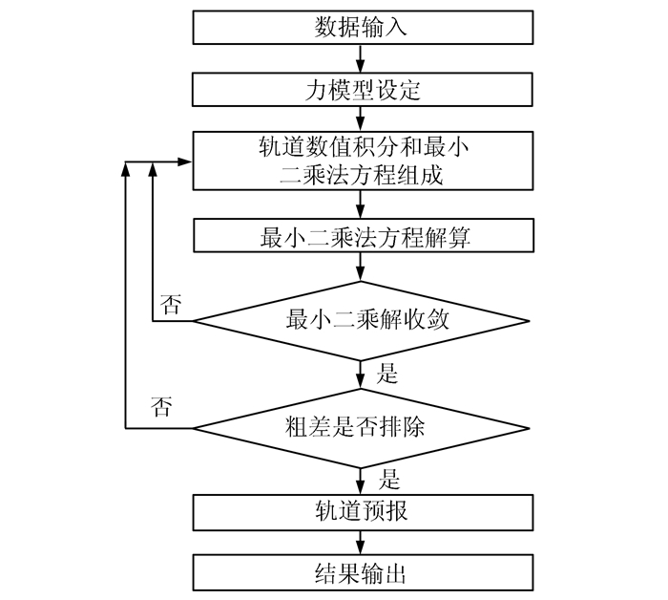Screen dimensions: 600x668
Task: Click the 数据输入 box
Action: click(361, 28)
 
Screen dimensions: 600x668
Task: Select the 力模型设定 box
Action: click(361, 91)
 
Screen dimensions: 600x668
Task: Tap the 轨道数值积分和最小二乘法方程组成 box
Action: click(361, 161)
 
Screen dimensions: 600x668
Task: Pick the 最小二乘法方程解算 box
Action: click(361, 235)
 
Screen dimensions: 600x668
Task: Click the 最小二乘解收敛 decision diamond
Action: click(361, 321)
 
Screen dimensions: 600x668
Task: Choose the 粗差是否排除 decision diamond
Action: click(361, 427)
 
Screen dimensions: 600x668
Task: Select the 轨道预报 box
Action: click(361, 511)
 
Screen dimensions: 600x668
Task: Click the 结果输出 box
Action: click(361, 573)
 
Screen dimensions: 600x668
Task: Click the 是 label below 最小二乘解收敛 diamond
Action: click(387, 373)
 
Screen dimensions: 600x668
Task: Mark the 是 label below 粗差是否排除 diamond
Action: click(387, 478)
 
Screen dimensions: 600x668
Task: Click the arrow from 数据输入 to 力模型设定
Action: click(361, 59)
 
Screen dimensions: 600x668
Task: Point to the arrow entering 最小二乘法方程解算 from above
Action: click(361, 204)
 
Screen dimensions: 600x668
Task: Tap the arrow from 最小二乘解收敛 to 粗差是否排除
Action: click(361, 375)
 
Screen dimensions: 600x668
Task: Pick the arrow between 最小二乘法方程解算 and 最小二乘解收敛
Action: click(361, 267)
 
